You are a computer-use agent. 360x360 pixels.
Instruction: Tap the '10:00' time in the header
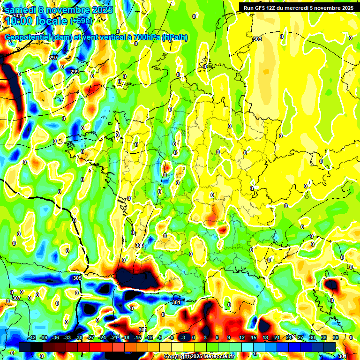click(x=20, y=21)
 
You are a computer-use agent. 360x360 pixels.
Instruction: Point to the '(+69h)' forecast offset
click(x=81, y=21)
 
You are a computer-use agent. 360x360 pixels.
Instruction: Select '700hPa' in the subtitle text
click(x=145, y=37)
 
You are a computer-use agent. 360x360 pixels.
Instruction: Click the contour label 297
click(x=53, y=58)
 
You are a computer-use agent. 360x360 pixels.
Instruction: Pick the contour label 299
click(x=75, y=72)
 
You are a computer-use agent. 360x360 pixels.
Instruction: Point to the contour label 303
click(x=257, y=39)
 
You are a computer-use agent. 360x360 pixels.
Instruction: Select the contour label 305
click(x=77, y=278)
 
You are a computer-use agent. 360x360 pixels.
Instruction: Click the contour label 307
click(x=16, y=298)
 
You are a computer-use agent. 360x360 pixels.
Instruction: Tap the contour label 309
click(x=139, y=245)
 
